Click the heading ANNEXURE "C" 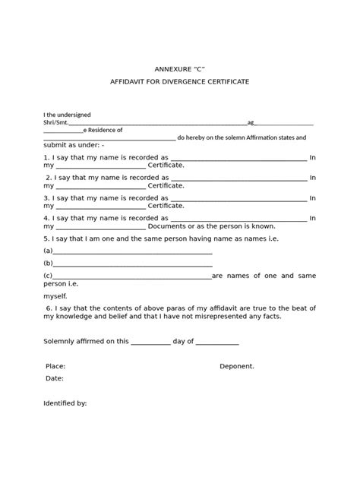[x=179, y=67]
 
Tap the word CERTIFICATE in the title [x=232, y=81]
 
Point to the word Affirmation [x=254, y=138]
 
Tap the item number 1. [x=46, y=159]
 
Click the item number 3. [x=46, y=201]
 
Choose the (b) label [x=49, y=263]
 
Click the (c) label [x=49, y=275]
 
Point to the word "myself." [x=55, y=295]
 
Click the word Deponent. [x=237, y=365]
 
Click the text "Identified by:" [x=65, y=403]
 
